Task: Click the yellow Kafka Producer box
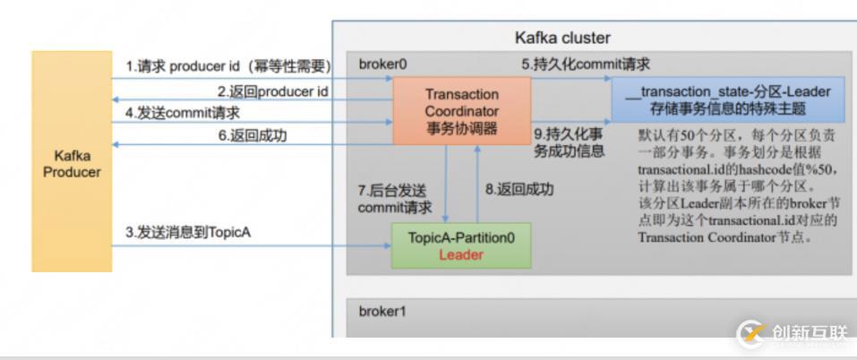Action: pos(72,161)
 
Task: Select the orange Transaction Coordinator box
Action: pos(462,111)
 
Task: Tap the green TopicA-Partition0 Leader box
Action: pos(460,246)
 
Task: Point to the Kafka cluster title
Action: pos(562,38)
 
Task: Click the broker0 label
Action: pos(382,64)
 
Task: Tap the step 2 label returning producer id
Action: pos(272,90)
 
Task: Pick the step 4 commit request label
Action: pos(183,114)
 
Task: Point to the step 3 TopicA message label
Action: pos(188,233)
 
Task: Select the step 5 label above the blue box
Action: pos(587,64)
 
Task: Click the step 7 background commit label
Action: pos(392,199)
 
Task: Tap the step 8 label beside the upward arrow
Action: pos(519,189)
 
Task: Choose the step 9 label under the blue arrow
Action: pos(568,143)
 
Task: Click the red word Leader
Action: pos(460,255)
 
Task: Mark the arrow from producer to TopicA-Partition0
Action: pos(251,245)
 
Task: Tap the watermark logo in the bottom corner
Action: pos(750,334)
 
